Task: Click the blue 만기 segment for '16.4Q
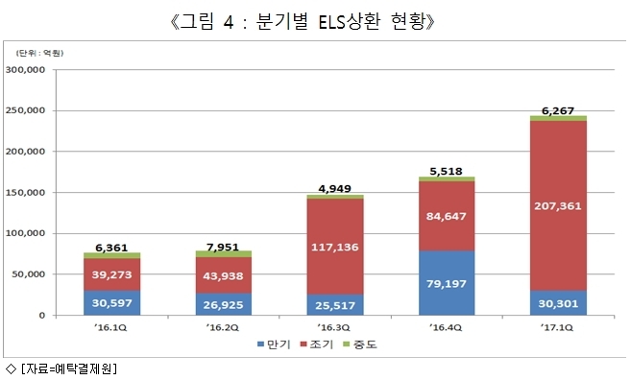point(447,283)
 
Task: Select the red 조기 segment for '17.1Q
point(558,205)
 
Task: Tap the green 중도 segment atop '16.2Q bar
point(224,253)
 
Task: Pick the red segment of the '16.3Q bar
point(335,247)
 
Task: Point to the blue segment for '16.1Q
point(111,302)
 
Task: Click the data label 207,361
point(558,206)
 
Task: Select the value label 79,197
point(447,283)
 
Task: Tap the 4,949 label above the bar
point(335,188)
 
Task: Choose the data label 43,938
point(223,275)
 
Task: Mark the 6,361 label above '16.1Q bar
point(111,248)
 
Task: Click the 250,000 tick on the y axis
point(25,110)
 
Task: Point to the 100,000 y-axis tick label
point(25,233)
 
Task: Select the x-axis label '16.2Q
point(222,327)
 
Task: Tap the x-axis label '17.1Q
point(556,327)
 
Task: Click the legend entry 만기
point(274,344)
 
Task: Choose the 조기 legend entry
point(317,344)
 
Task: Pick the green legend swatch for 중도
point(346,344)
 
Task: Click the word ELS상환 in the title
point(349,21)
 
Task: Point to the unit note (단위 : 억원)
point(39,53)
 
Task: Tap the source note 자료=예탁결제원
point(68,368)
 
